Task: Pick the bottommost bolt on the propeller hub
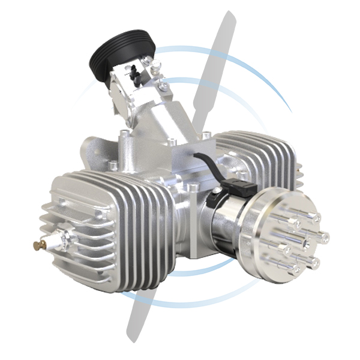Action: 292,271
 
